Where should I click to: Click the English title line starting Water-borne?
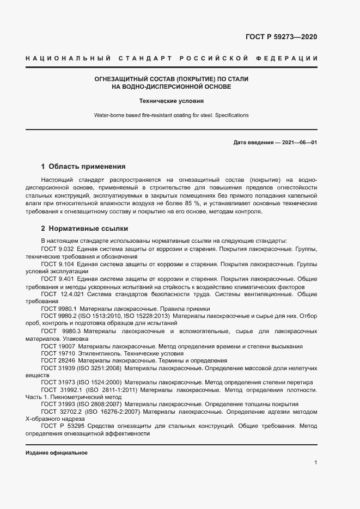coord(172,115)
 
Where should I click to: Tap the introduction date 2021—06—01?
coord(298,143)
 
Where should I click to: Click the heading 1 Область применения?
coord(83,167)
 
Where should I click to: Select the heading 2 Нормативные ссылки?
coord(84,229)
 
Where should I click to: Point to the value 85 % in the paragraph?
coord(192,203)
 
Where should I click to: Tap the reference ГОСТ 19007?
coord(57,346)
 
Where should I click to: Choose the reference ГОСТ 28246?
coord(57,360)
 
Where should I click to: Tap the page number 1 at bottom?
coord(316,463)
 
